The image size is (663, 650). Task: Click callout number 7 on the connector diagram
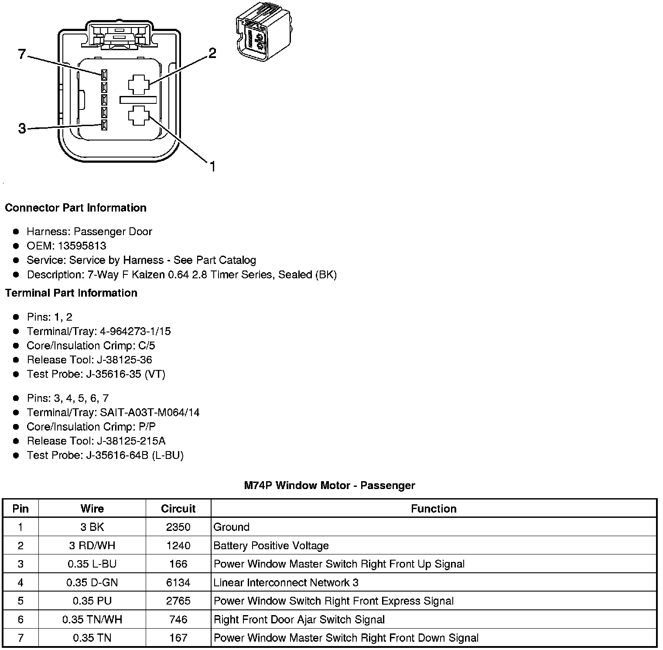click(22, 55)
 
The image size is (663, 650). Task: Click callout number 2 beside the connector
click(212, 53)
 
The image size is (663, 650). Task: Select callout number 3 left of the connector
click(22, 129)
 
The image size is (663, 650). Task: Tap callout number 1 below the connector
click(212, 167)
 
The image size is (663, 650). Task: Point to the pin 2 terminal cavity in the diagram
click(139, 85)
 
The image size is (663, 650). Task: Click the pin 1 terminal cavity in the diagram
click(139, 116)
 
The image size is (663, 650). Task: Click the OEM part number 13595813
click(82, 246)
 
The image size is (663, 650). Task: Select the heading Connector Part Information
click(75, 208)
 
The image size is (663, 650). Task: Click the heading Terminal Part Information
click(71, 293)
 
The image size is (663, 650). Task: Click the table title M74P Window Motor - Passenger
click(329, 486)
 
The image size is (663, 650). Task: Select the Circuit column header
click(178, 509)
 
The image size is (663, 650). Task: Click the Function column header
click(434, 509)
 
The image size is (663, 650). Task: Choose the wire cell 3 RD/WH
click(92, 546)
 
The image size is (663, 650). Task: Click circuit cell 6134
click(178, 583)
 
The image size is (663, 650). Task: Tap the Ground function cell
click(232, 527)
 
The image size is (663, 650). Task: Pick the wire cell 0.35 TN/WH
click(92, 619)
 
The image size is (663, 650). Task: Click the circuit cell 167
click(178, 638)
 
